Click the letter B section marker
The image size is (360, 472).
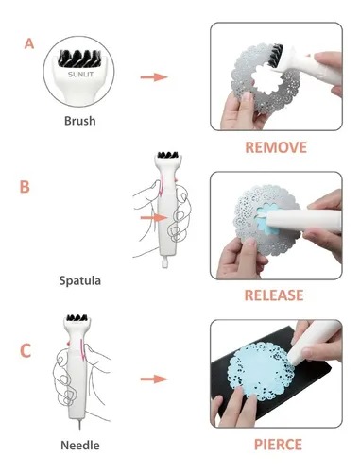coord(25,186)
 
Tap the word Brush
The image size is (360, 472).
coord(79,121)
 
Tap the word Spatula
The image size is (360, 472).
coord(78,280)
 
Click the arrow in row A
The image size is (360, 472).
coord(153,76)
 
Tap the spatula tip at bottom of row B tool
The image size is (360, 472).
coord(167,277)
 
